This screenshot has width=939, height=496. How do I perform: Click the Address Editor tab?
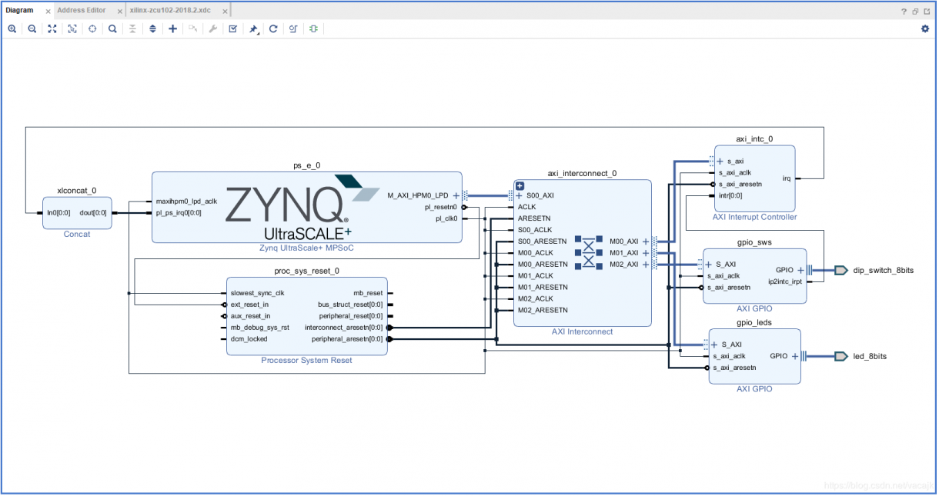click(82, 10)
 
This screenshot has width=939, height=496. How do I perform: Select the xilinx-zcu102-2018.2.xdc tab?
click(170, 10)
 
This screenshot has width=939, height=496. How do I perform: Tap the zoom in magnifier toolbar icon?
click(12, 29)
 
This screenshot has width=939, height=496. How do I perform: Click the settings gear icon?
click(925, 29)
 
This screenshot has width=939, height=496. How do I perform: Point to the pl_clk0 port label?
click(446, 218)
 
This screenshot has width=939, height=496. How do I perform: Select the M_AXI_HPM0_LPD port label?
click(418, 195)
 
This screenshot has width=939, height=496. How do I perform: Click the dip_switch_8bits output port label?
click(884, 271)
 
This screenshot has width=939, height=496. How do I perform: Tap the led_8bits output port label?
click(870, 357)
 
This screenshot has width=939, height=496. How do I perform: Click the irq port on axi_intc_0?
click(787, 178)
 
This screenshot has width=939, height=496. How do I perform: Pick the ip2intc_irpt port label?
click(785, 282)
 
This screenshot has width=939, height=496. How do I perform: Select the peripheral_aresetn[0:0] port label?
click(347, 339)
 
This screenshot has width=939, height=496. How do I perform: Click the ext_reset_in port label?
click(249, 305)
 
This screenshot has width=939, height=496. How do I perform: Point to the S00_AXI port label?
click(540, 195)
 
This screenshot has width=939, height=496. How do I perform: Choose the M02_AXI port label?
click(623, 265)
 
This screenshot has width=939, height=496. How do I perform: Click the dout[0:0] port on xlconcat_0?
click(93, 213)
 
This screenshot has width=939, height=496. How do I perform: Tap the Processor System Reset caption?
click(306, 360)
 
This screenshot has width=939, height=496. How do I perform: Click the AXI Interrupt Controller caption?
click(754, 217)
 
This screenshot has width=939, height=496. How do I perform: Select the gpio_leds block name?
click(754, 322)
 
